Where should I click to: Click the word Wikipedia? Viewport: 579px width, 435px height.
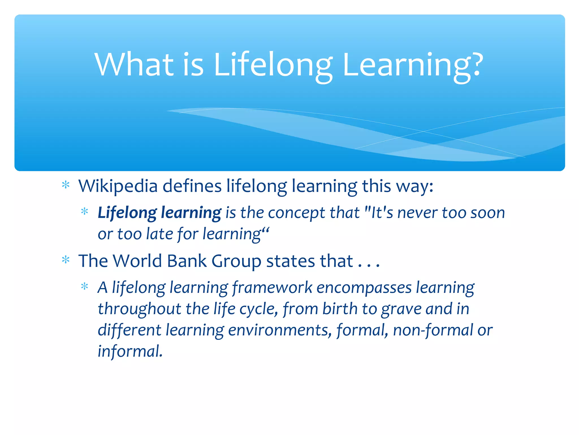(x=118, y=186)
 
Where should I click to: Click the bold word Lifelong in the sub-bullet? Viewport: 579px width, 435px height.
(x=127, y=213)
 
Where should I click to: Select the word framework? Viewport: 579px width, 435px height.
(x=272, y=288)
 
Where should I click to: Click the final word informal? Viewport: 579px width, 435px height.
(x=130, y=351)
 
